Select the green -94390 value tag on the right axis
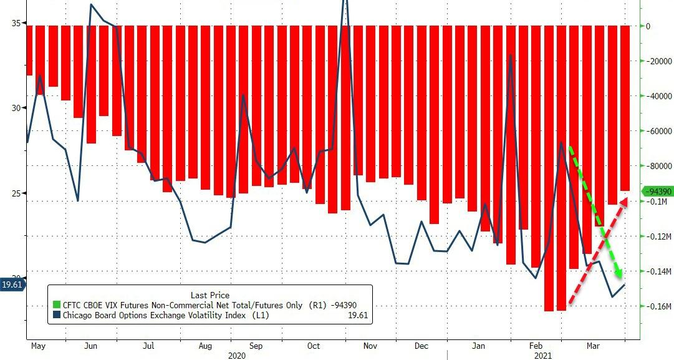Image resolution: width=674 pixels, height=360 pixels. (x=658, y=191)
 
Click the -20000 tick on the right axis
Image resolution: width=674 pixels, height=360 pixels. (x=659, y=61)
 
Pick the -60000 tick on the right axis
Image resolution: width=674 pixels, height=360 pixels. (x=659, y=131)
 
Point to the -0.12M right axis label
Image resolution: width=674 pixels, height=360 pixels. (x=659, y=236)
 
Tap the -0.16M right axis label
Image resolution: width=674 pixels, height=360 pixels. (x=659, y=306)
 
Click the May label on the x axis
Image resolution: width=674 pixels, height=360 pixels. (x=38, y=346)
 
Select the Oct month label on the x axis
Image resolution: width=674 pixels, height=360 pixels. (x=314, y=346)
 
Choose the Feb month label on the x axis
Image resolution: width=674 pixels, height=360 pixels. (x=536, y=346)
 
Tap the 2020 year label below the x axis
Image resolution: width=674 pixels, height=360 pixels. (x=238, y=355)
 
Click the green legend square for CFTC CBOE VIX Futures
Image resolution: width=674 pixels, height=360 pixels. (x=56, y=305)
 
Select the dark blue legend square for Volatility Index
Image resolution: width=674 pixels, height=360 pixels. (x=56, y=315)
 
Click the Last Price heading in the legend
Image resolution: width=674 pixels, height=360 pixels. (x=210, y=295)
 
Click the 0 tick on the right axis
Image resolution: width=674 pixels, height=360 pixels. (x=648, y=26)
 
